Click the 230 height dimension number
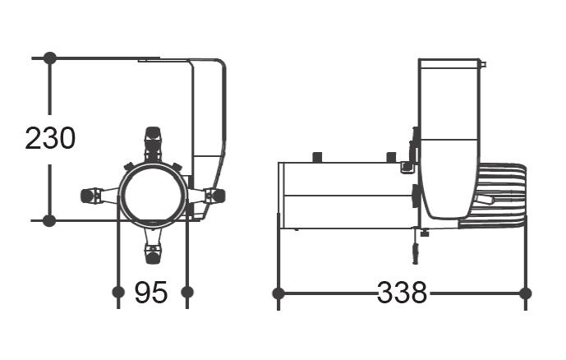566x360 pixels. [50, 138]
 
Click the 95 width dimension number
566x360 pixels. [151, 292]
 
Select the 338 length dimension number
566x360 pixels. [402, 292]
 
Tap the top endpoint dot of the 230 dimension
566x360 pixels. [50, 58]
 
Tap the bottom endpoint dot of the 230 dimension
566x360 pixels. [49, 220]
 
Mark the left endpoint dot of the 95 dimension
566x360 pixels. [118, 292]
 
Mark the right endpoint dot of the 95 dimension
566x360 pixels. [187, 292]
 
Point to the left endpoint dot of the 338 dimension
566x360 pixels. [278, 293]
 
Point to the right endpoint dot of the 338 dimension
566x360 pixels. [525, 293]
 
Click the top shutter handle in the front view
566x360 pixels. [153, 144]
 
